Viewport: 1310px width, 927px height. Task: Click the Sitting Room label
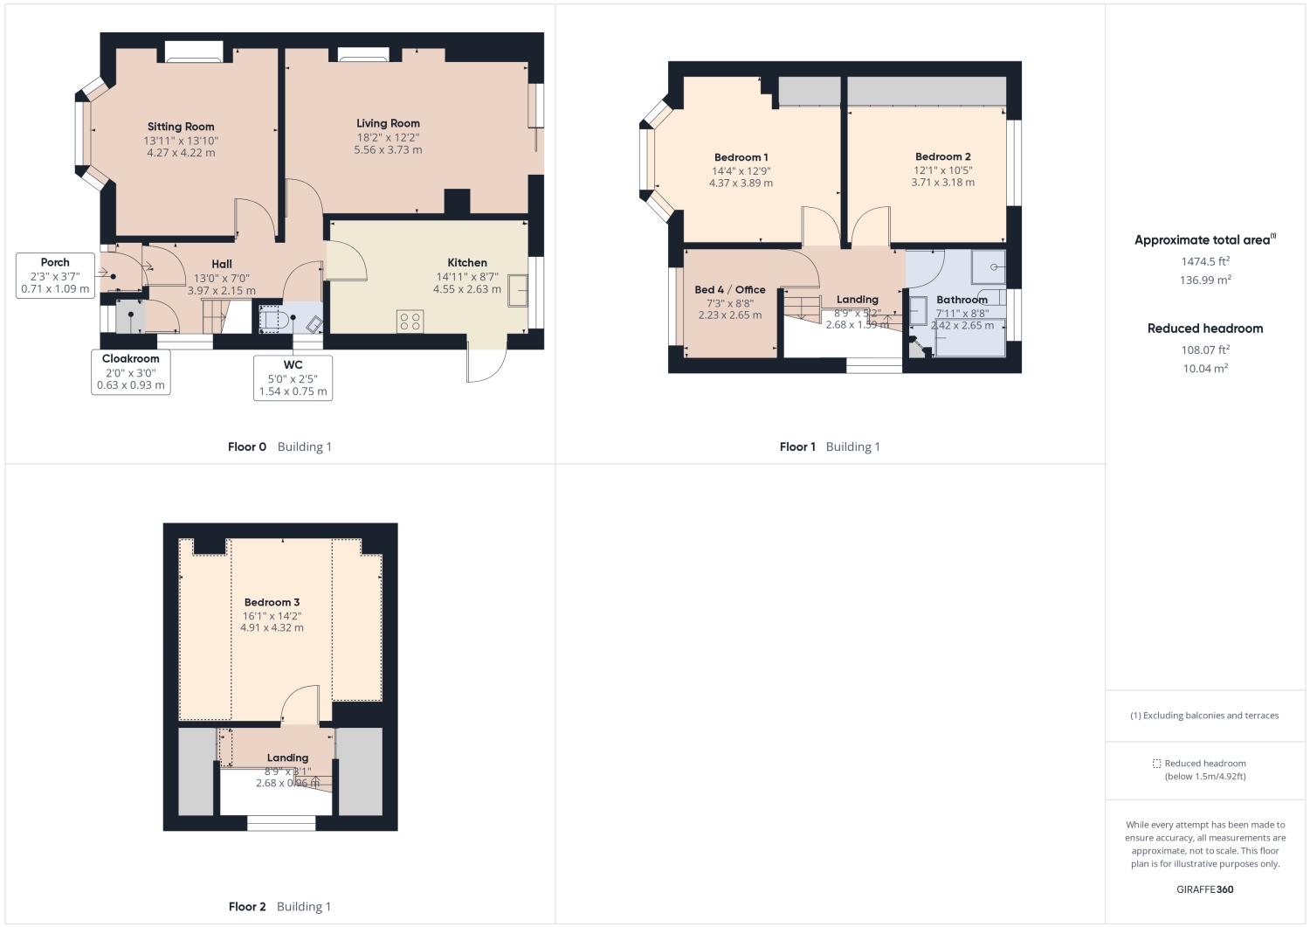click(x=181, y=127)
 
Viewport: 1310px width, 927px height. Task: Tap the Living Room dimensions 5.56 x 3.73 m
click(x=388, y=150)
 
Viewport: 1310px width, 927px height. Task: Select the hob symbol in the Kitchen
click(x=410, y=321)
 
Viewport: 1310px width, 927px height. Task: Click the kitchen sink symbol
click(x=518, y=290)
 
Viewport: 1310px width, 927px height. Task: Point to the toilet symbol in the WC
click(x=271, y=319)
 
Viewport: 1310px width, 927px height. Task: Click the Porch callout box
click(x=55, y=275)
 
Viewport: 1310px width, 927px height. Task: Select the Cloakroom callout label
click(x=131, y=358)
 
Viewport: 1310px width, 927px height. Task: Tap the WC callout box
click(x=293, y=377)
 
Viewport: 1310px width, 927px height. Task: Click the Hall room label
click(x=222, y=264)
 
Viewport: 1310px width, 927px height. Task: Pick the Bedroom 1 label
click(x=741, y=157)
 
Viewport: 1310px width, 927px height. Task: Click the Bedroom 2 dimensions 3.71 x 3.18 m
click(x=942, y=183)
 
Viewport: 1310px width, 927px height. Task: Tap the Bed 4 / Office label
click(x=730, y=289)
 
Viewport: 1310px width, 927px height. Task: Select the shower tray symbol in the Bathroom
click(x=989, y=267)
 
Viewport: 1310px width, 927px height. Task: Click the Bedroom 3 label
click(x=272, y=602)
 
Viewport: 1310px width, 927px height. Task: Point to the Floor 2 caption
click(x=247, y=906)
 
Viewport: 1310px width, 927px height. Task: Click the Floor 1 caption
click(x=797, y=446)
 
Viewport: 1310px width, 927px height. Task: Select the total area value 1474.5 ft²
click(x=1205, y=261)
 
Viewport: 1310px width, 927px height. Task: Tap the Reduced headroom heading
click(x=1205, y=329)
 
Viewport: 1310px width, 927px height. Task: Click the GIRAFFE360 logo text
click(x=1205, y=889)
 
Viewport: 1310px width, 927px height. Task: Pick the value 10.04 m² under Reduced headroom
click(x=1205, y=369)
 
